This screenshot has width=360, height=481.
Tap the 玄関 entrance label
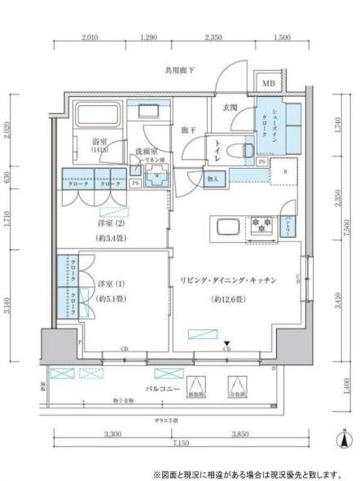230,108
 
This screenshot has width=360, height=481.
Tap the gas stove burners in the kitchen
260,225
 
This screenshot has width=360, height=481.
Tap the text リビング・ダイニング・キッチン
227,280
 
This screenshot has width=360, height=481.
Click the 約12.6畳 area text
227,298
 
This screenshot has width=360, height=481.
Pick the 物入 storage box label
213,179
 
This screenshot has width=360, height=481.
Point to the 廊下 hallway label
188,130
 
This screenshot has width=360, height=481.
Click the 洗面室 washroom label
147,151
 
